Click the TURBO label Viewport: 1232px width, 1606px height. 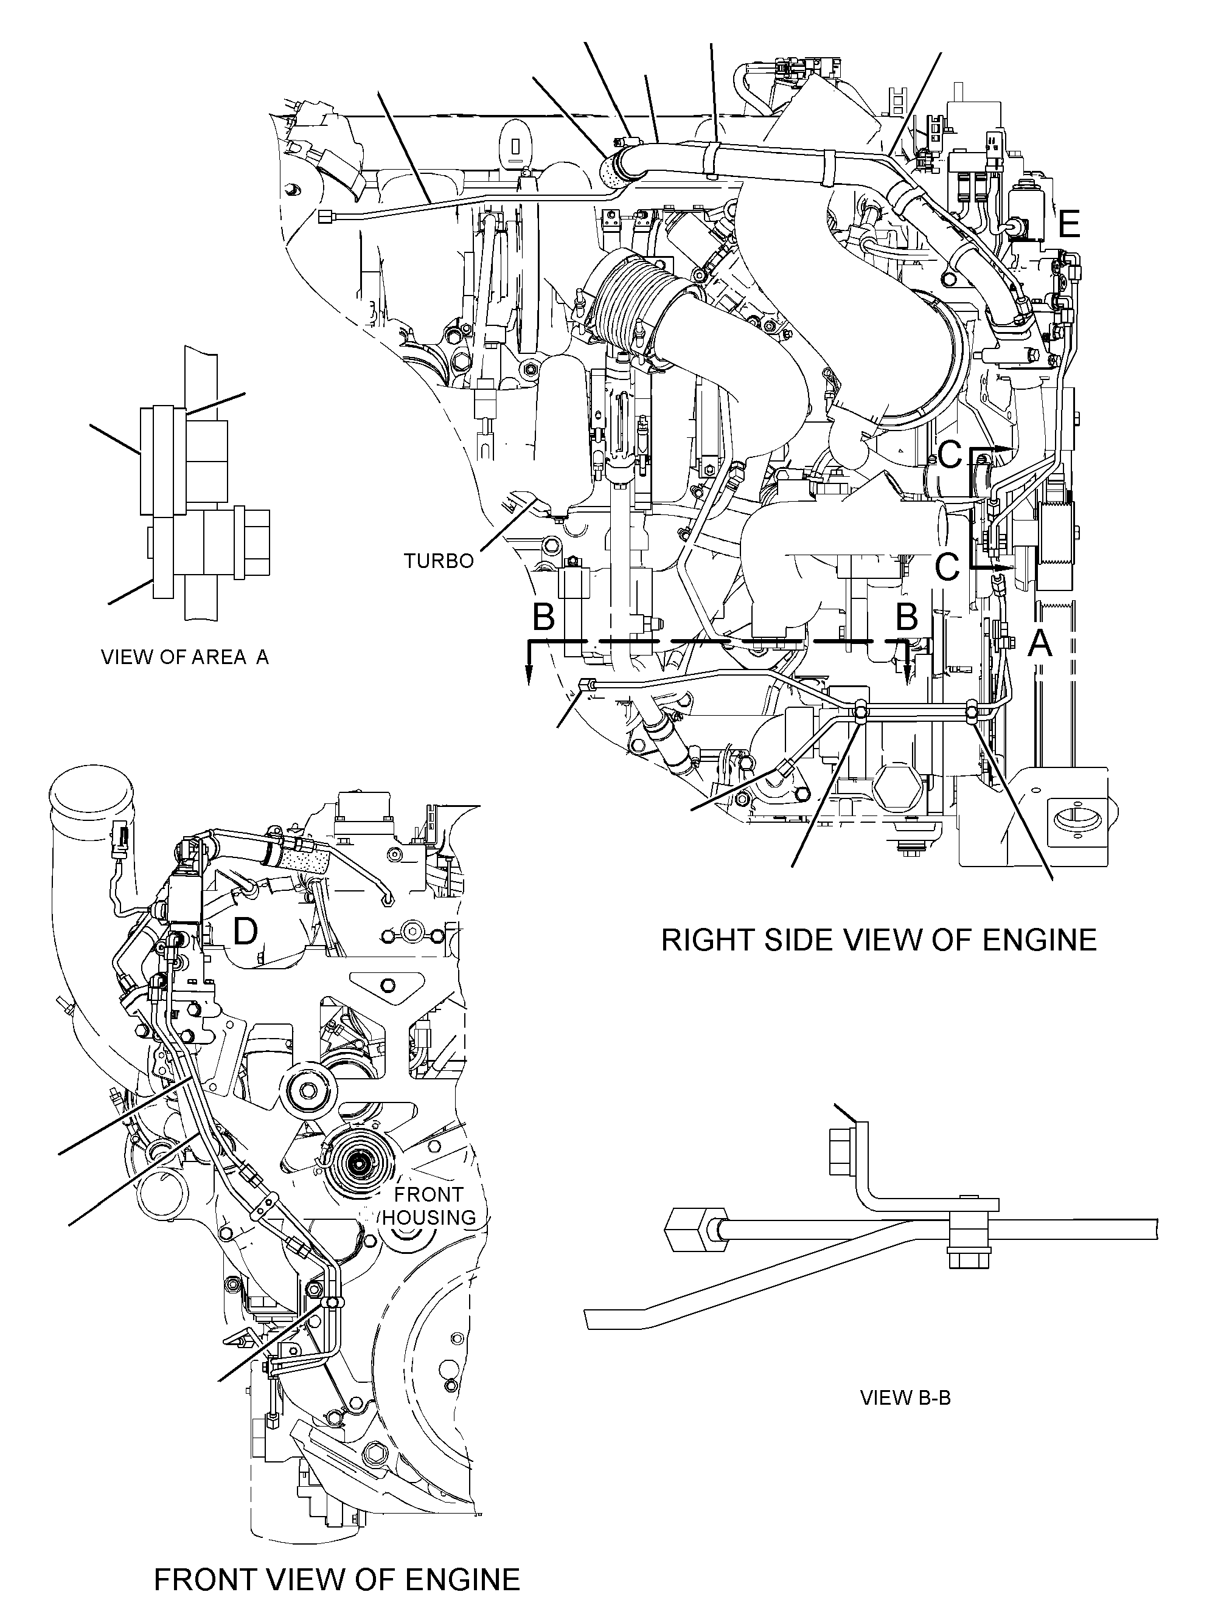point(439,561)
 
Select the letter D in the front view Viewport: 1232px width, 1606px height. point(245,932)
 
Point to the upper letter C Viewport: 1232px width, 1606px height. point(950,455)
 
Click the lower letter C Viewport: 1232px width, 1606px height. point(947,567)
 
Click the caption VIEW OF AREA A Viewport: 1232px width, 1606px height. point(185,657)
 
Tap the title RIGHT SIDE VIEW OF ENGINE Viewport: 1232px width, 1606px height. point(879,940)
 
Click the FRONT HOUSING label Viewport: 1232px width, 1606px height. point(429,1206)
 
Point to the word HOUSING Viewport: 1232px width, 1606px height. point(429,1217)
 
